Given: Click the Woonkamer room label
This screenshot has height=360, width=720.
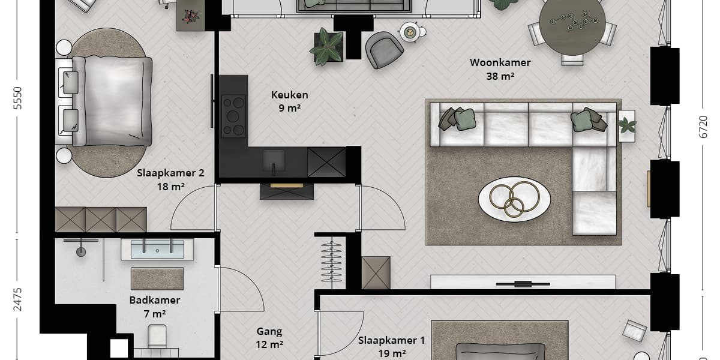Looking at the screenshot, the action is click(x=500, y=62).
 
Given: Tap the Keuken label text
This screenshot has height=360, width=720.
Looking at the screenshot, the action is click(x=290, y=95).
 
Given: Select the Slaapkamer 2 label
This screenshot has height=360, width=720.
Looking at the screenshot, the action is click(x=170, y=173).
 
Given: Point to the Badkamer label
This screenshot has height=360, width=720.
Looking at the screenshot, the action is click(x=155, y=300).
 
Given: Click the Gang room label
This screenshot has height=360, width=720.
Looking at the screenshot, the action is click(x=269, y=331).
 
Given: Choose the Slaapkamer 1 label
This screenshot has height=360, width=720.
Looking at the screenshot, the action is click(x=392, y=340).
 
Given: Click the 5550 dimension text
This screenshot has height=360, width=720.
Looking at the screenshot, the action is click(x=17, y=98).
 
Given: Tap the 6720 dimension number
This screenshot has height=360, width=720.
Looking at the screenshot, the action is click(x=703, y=127).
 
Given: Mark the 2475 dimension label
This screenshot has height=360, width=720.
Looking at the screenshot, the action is click(x=17, y=299).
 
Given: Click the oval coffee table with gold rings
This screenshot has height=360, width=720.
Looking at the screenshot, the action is click(x=514, y=199).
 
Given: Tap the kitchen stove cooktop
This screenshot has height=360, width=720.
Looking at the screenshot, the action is click(x=233, y=116).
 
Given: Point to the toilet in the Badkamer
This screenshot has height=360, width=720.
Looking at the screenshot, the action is click(x=157, y=336).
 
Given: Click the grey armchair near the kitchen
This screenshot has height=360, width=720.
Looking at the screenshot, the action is click(x=384, y=50).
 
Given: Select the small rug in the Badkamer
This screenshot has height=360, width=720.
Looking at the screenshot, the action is click(x=157, y=278).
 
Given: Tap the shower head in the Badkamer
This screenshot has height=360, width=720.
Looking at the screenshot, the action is click(x=81, y=251).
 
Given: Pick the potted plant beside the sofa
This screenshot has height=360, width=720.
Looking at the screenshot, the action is click(x=627, y=125).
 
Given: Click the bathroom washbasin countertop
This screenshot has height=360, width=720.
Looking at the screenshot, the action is click(x=157, y=250).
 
